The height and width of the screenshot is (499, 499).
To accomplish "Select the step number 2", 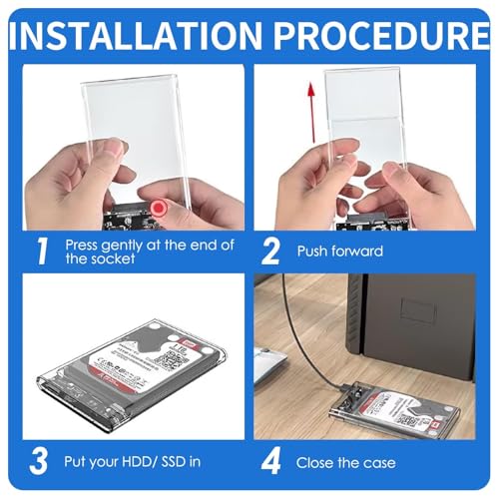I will [x=271, y=250].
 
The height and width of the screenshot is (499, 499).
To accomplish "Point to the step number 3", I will [x=39, y=462].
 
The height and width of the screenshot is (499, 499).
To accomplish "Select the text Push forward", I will [x=340, y=250].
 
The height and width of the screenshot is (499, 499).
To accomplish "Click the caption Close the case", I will [x=346, y=463].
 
